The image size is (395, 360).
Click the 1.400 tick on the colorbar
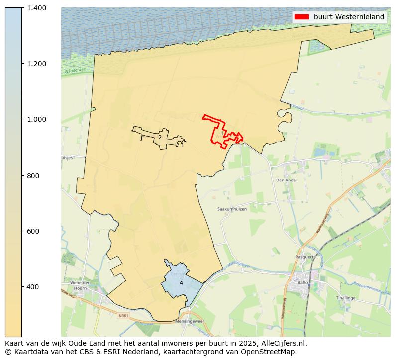pyautogui.click(x=36, y=8)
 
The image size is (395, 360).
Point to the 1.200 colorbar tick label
pyautogui.click(x=36, y=64)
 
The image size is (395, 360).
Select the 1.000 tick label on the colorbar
pyautogui.click(x=36, y=119)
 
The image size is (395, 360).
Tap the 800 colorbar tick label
pyautogui.click(x=33, y=176)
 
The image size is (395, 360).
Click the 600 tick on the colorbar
pyautogui.click(x=33, y=231)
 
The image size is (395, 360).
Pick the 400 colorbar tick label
pyautogui.click(x=33, y=287)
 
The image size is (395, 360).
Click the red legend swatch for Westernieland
pyautogui.click(x=301, y=17)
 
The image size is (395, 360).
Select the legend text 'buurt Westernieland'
pyautogui.click(x=349, y=17)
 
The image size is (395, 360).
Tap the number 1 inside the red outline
pyautogui.click(x=222, y=133)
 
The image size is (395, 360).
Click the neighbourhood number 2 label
pyautogui.click(x=160, y=138)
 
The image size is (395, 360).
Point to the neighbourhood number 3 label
pyautogui.click(x=182, y=145)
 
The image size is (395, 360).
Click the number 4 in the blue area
pyautogui.click(x=181, y=283)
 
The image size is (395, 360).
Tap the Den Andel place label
pyautogui.click(x=286, y=180)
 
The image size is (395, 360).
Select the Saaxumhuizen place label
pyautogui.click(x=232, y=209)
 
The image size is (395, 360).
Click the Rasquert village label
pyautogui.click(x=304, y=257)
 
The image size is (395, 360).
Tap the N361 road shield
pyautogui.click(x=123, y=315)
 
